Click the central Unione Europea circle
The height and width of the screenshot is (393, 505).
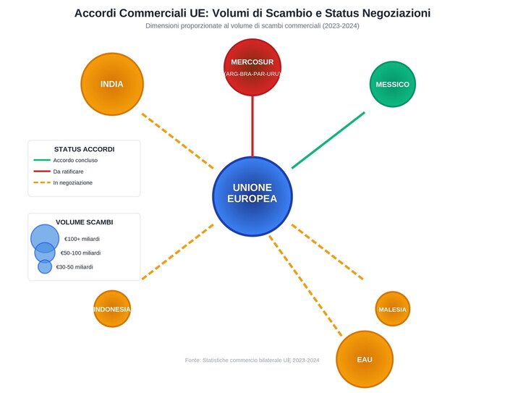coord(252,196)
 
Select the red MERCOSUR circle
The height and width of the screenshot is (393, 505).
coord(252,67)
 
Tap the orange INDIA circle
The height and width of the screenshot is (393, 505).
coord(112,84)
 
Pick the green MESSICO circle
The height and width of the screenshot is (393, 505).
coord(392,84)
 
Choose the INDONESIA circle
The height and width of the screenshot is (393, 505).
coord(112,309)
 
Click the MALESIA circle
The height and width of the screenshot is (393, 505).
coord(392,309)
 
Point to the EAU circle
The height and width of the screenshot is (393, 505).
coord(364,359)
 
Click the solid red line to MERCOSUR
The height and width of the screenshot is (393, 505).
coord(252,127)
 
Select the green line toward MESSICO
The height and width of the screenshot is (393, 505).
coord(328,140)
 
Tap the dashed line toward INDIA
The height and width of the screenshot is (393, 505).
coord(177,141)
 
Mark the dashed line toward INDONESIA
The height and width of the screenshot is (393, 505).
coord(177,252)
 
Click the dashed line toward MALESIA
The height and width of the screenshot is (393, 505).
coord(327,252)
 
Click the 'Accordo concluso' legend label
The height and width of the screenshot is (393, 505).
coord(75,160)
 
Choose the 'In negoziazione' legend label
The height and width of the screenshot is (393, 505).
coord(73,183)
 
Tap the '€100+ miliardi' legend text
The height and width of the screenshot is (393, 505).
coord(82,239)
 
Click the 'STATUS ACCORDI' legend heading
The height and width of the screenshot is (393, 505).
coord(84,149)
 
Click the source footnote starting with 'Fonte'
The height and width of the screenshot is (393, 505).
coord(252,360)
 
